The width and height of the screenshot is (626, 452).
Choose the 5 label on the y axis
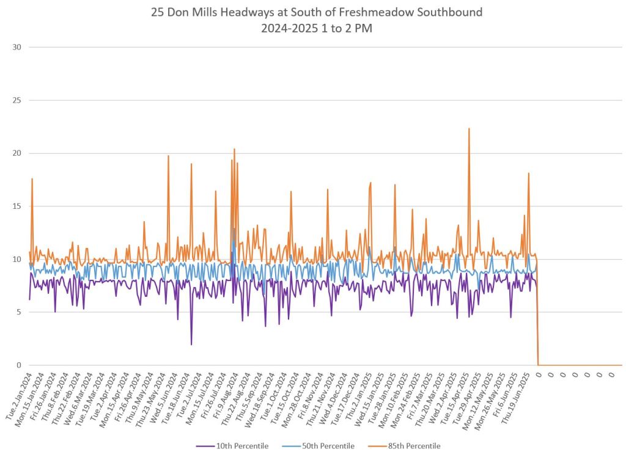pyautogui.click(x=18, y=312)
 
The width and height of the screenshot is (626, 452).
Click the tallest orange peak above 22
pyautogui.click(x=469, y=129)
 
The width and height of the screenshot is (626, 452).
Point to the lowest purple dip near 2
pyautogui.click(x=191, y=344)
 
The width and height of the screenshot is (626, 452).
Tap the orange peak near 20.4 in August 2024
pyautogui.click(x=234, y=149)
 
